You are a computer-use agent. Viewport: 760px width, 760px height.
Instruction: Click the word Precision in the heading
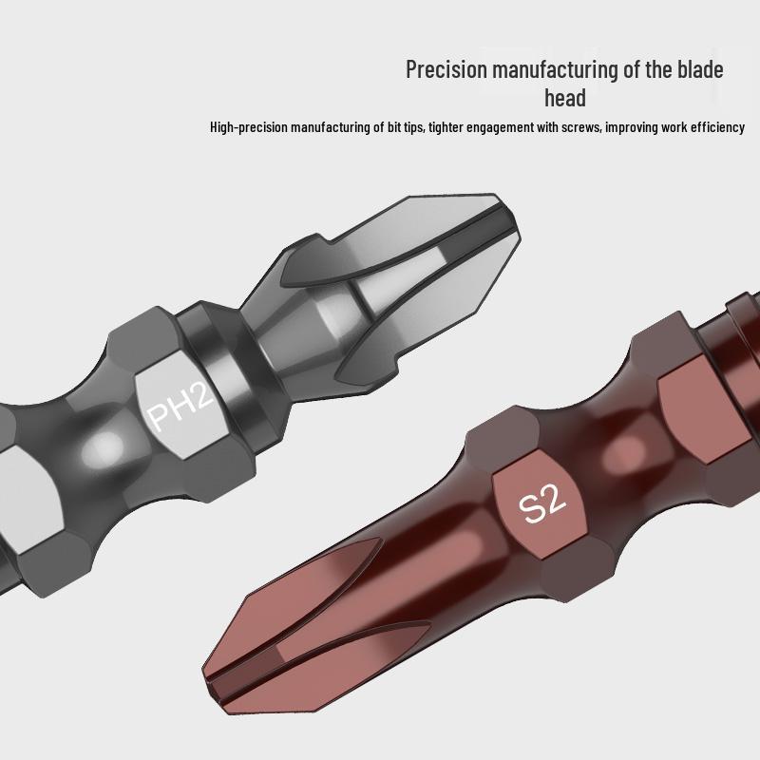[446, 69]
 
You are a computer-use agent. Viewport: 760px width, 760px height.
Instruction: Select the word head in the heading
[564, 98]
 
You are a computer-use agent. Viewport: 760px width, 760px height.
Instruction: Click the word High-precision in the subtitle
[250, 127]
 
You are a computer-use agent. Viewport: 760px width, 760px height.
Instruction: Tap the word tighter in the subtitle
[447, 127]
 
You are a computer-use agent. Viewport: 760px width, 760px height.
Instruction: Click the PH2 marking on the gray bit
[178, 410]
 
